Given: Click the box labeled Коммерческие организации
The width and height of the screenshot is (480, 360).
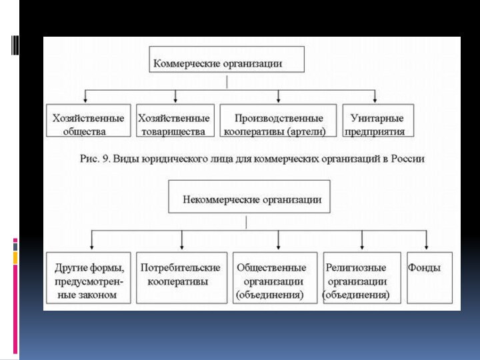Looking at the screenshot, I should coord(226,59).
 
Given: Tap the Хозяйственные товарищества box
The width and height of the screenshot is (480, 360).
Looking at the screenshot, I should coord(175,121).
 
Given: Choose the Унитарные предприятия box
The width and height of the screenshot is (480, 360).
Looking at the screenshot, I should coord(377,121).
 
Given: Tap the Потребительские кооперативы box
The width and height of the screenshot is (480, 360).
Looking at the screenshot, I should coord(181,277).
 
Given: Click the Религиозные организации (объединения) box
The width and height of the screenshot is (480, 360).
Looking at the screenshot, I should coord(361,277).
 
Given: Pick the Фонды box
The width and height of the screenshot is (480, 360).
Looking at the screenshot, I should coord(429,277).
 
